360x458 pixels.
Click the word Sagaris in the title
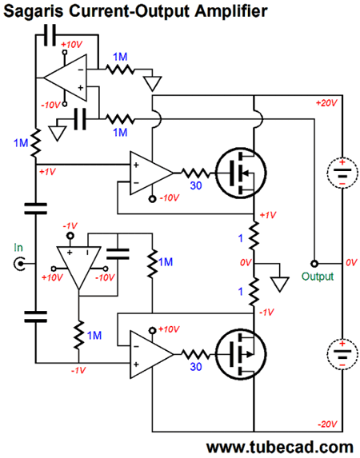tap(33, 11)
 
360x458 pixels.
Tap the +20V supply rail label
tap(326, 103)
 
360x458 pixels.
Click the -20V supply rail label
tap(327, 424)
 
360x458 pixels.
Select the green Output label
tap(318, 277)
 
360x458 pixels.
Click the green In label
tap(18, 248)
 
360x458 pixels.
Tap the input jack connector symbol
tap(19, 264)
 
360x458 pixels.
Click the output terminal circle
tap(314, 264)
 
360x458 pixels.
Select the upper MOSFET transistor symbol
tap(241, 173)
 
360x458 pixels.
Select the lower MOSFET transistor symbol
tap(241, 354)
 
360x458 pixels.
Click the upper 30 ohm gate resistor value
tap(196, 185)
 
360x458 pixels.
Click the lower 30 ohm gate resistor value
tap(196, 367)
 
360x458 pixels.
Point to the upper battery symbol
tap(342, 173)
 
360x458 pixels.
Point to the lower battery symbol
tap(342, 354)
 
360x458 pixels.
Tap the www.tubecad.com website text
tap(280, 447)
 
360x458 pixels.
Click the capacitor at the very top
tap(50, 35)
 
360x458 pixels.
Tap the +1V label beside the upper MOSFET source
tap(268, 215)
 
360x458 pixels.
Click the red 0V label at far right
tap(351, 262)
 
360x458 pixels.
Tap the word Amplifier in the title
tap(231, 11)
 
